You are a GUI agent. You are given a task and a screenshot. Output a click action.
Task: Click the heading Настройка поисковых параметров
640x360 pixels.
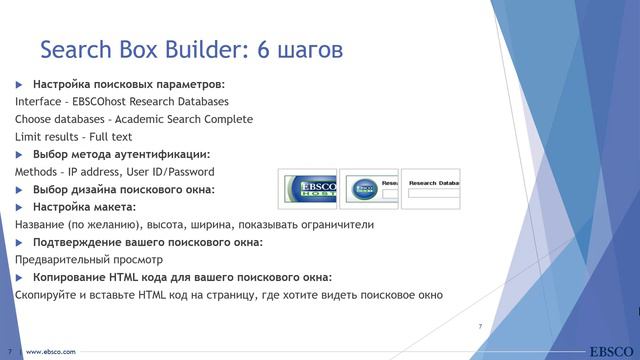click(128, 84)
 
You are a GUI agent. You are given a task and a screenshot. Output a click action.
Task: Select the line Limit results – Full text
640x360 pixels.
click(73, 137)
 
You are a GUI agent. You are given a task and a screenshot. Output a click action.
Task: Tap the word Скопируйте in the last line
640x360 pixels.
click(49, 295)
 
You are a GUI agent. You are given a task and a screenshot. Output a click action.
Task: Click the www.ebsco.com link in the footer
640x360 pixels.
click(50, 352)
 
